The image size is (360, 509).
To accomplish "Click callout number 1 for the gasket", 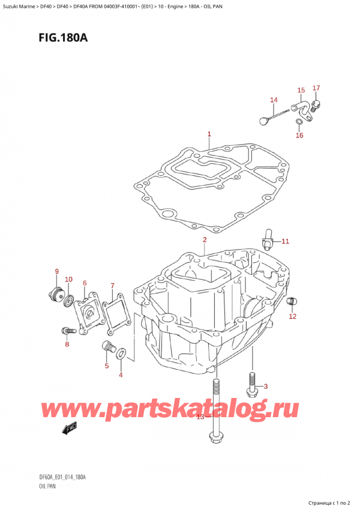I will point(209,134).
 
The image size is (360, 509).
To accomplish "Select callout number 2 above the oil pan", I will point(205,240).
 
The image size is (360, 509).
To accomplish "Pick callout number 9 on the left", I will point(56,271).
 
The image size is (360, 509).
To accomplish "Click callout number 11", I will point(286,241).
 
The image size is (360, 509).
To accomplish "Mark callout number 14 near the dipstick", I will point(274,100).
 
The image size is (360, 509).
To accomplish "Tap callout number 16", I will point(299,135).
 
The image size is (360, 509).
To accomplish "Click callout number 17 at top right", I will point(316,89).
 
